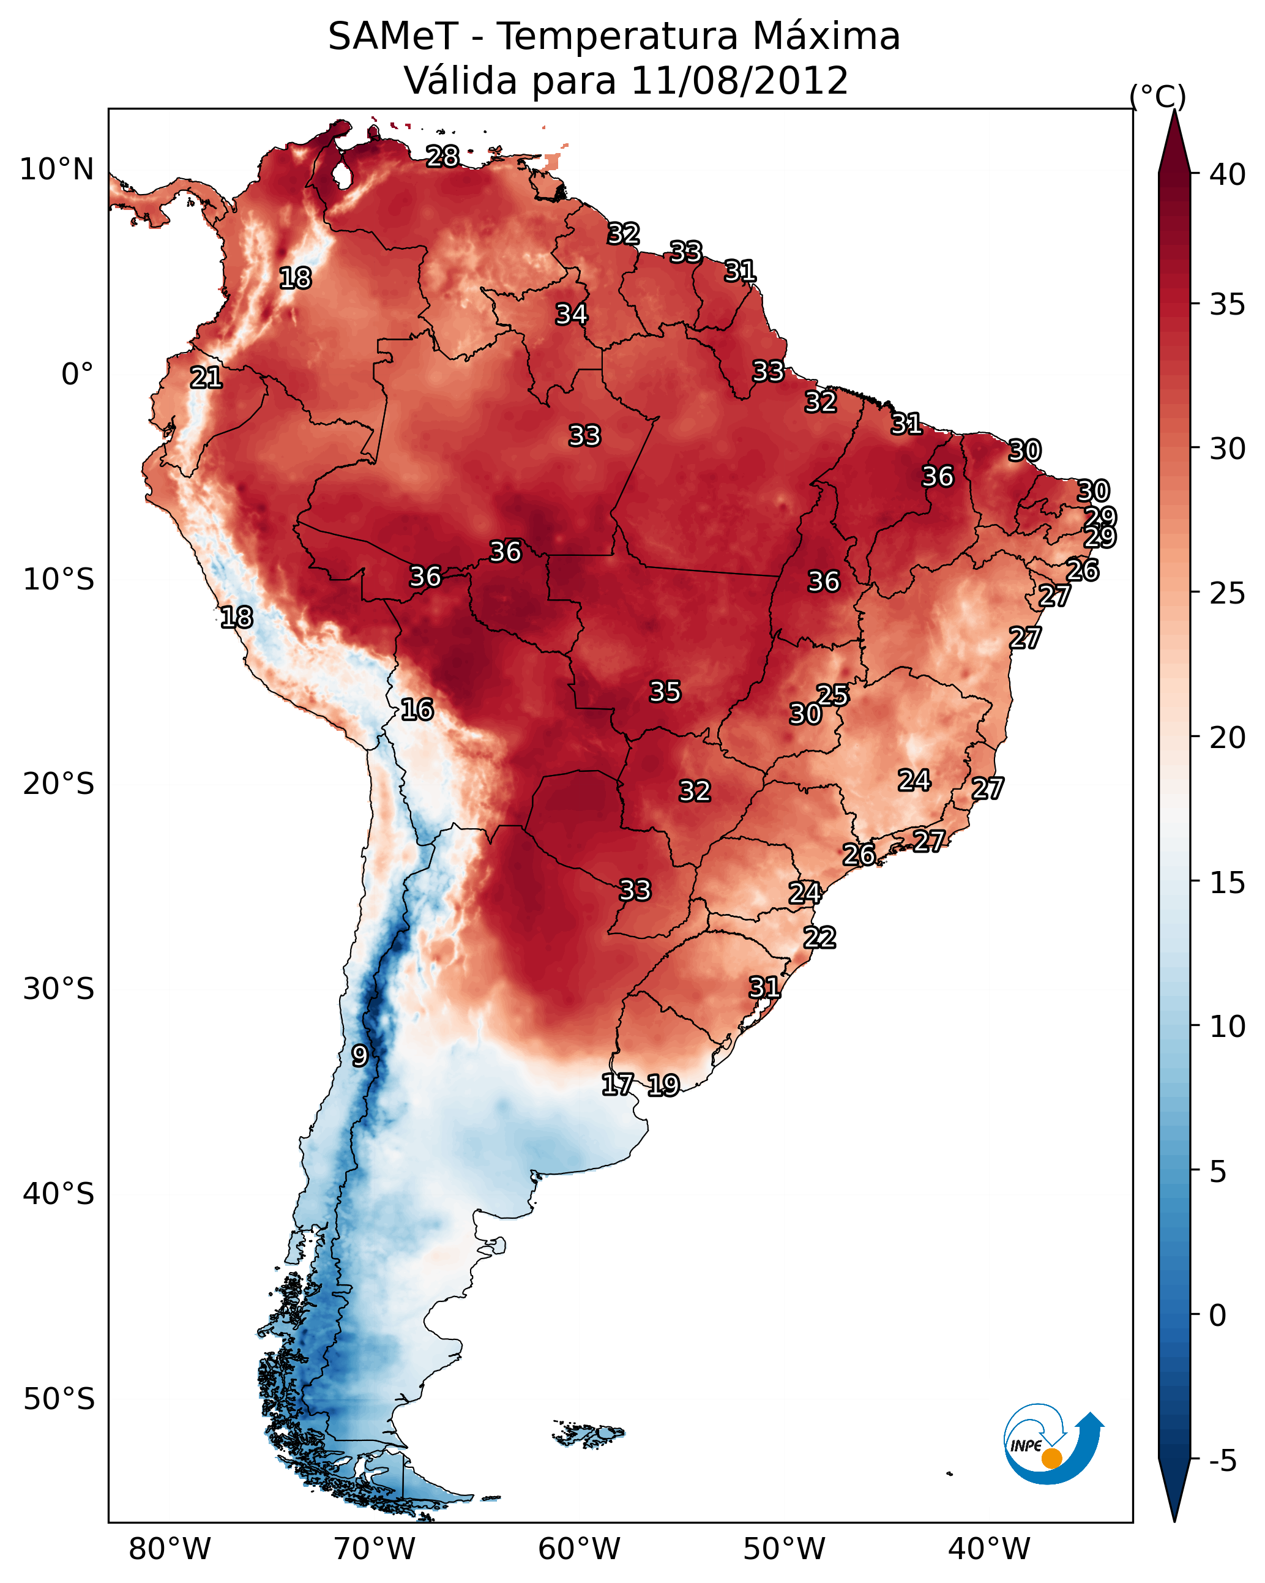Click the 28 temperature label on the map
click(442, 156)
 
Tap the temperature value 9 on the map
click(359, 1055)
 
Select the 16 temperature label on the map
click(417, 709)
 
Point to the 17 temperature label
click(618, 1083)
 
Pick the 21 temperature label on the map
click(206, 378)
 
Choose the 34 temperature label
click(571, 314)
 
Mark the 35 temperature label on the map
click(665, 691)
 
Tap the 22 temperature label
click(819, 937)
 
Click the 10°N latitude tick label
click(56, 170)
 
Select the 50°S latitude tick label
click(59, 1399)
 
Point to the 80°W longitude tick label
click(170, 1549)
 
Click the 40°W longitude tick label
click(989, 1549)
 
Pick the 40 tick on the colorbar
click(1228, 174)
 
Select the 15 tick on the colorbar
click(1228, 883)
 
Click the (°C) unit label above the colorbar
click(1157, 96)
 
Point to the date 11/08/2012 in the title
click(739, 81)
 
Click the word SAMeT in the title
click(393, 37)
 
